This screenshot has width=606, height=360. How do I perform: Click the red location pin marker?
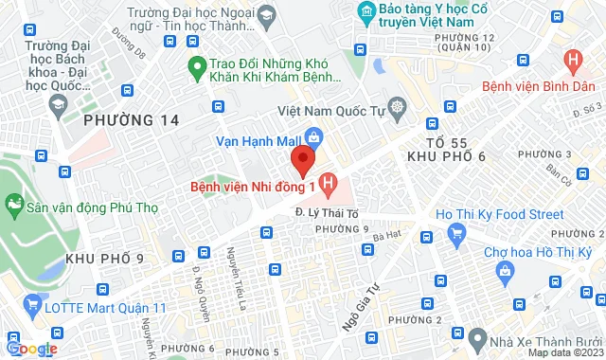(x=301, y=160)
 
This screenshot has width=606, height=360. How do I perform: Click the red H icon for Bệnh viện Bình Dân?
(x=571, y=62)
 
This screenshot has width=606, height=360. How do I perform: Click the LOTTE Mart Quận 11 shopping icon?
(x=15, y=306)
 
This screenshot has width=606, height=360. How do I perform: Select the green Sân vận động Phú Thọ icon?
(x=14, y=204)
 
